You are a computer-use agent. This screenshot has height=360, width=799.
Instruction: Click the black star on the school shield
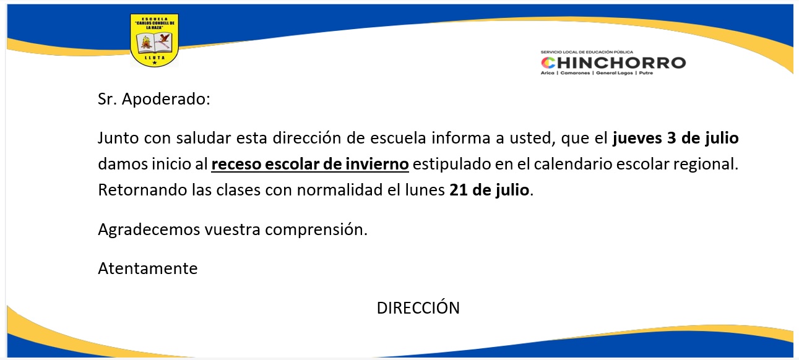[155, 62]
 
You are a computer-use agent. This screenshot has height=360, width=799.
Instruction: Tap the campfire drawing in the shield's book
[145, 43]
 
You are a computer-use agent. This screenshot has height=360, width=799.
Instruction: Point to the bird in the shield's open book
[164, 40]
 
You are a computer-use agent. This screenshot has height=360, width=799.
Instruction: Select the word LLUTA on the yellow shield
[155, 58]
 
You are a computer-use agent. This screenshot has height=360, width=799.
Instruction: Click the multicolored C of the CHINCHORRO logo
[548, 63]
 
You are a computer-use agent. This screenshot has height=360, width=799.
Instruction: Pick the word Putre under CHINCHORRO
[646, 73]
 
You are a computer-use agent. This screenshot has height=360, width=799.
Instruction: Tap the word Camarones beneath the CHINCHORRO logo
[575, 73]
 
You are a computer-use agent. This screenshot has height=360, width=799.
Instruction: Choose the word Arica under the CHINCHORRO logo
[548, 73]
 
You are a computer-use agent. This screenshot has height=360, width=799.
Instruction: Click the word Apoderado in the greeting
[166, 99]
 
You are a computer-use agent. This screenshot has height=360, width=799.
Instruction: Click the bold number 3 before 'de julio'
[672, 138]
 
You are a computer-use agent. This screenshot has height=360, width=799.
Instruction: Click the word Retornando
[142, 190]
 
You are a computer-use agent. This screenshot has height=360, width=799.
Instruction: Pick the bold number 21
[459, 190]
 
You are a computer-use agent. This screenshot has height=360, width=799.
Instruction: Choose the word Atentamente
[148, 268]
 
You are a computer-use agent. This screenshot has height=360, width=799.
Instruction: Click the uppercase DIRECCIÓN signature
[418, 307]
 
